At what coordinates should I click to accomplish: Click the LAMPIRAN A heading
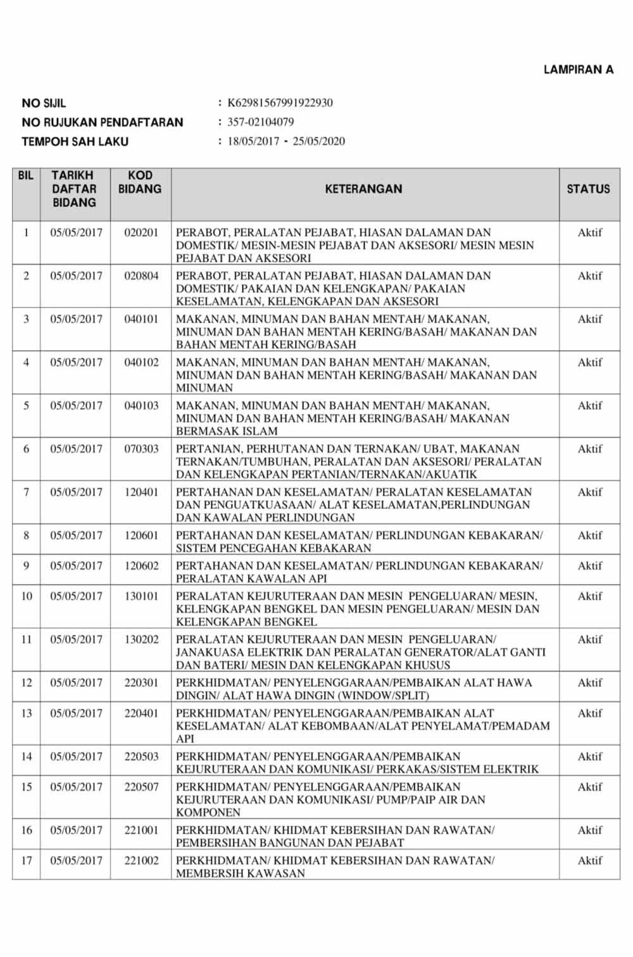point(578,70)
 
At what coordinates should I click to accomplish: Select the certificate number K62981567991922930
point(280,103)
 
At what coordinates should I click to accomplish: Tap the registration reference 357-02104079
point(260,122)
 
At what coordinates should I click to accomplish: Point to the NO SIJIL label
point(44,103)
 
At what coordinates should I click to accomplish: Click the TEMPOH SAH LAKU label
point(75,141)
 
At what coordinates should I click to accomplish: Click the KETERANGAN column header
point(363,189)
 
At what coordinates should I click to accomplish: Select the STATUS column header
point(588,189)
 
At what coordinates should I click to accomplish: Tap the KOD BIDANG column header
point(140,182)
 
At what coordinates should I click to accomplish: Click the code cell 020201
point(141,232)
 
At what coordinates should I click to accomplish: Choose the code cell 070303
point(141,449)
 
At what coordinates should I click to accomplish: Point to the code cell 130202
point(141,639)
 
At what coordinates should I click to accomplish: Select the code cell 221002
point(141,860)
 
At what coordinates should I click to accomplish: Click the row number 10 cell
point(27,596)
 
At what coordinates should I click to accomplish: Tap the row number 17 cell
point(27,860)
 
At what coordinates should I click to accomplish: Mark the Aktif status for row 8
point(589,535)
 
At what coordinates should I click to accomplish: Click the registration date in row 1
point(76,232)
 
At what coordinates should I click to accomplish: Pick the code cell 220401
point(141,713)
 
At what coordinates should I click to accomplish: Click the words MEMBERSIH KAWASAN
point(241,873)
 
